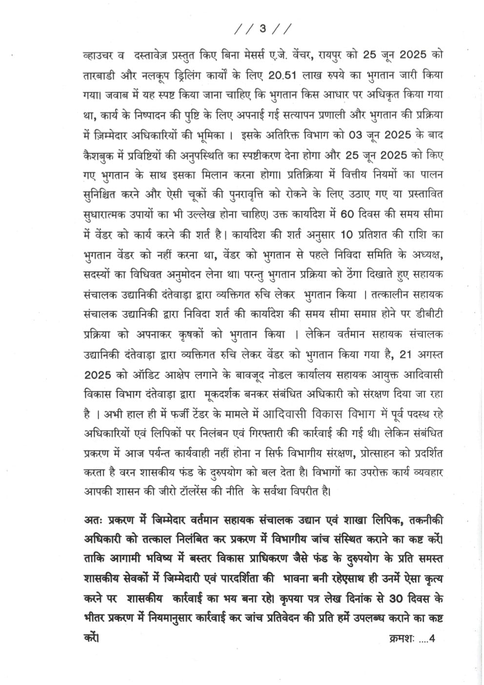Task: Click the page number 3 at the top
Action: coord(262,29)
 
